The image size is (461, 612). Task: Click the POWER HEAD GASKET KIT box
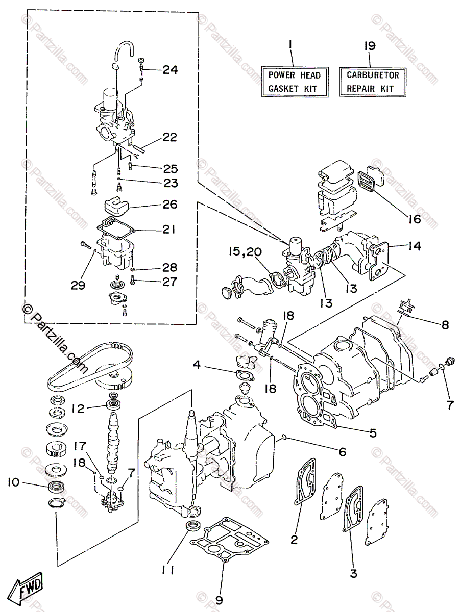[x=295, y=82]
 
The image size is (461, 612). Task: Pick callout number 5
[x=373, y=433]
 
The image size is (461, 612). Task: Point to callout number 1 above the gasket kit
[x=290, y=45]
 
